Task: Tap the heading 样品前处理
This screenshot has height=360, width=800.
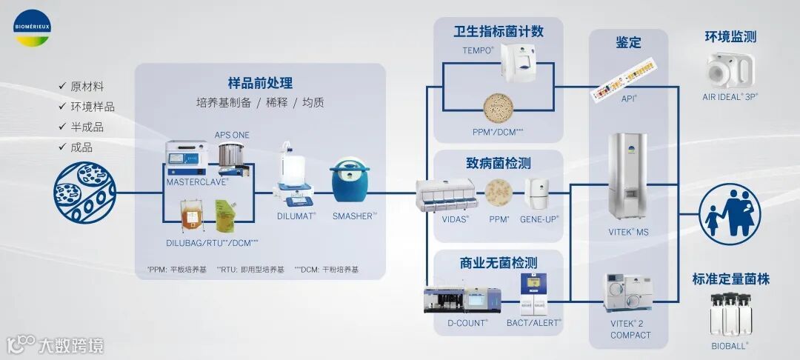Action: click(260, 83)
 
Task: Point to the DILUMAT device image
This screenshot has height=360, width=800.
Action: click(294, 175)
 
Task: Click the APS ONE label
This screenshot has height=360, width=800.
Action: click(232, 135)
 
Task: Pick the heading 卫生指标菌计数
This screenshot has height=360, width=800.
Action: click(499, 31)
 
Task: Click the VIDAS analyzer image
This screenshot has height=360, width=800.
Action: click(446, 194)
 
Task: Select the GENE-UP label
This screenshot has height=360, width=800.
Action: click(539, 219)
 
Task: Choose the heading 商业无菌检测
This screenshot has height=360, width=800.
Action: click(498, 263)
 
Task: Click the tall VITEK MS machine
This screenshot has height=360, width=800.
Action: click(629, 176)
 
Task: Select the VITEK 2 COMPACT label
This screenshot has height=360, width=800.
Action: click(630, 329)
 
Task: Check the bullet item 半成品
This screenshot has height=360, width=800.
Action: click(87, 127)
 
